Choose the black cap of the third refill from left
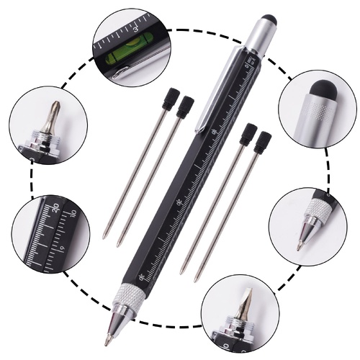pos(248,135)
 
